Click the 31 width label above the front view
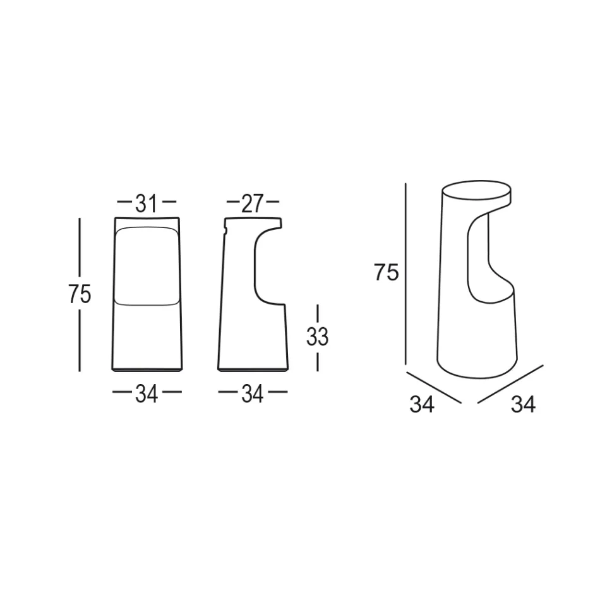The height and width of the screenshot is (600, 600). pos(146,203)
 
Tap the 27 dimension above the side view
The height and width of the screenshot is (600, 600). pos(252,203)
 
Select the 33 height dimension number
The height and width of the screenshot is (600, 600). pos(317,338)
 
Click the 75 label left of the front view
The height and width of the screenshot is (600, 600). pos(80,295)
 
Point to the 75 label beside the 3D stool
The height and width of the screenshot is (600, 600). pos(386,272)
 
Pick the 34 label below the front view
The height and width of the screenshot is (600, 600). pos(146,394)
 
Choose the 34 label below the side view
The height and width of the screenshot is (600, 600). pos(252,394)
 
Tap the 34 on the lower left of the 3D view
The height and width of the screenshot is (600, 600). pos(421,404)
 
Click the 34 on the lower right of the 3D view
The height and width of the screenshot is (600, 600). pos(523,404)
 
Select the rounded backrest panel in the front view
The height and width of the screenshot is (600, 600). pos(146,265)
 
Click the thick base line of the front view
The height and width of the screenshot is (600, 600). pos(146,370)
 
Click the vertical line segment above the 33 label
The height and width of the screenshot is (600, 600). pos(317,313)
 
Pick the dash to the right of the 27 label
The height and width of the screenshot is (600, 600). pos(272,203)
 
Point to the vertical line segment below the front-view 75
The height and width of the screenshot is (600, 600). pos(80,341)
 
